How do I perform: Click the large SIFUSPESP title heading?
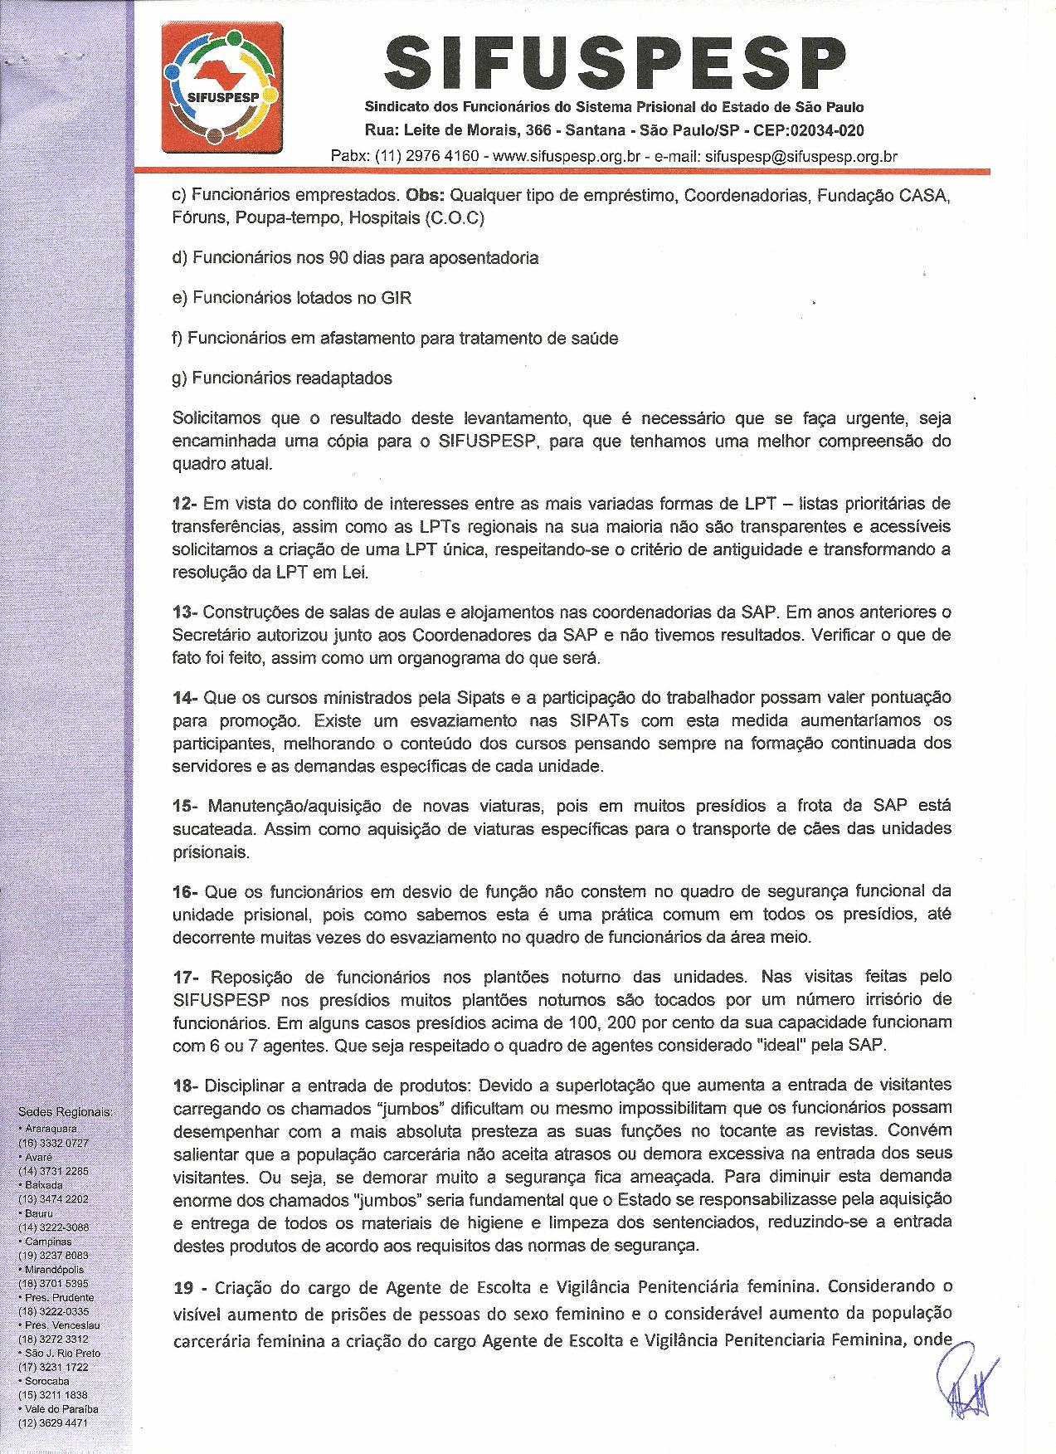615,63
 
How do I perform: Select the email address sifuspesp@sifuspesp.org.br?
801,155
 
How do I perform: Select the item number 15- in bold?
185,805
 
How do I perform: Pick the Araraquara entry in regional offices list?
51,1129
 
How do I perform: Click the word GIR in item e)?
396,297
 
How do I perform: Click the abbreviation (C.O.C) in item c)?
454,218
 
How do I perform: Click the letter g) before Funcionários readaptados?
180,378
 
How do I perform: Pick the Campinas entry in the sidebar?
48,1241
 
